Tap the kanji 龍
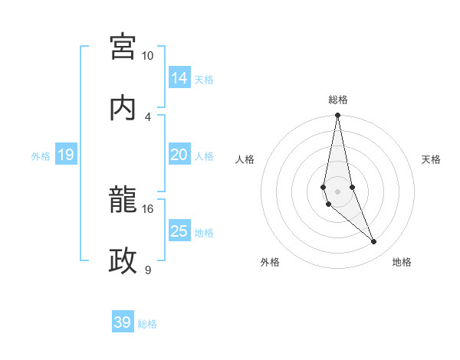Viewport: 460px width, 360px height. pyautogui.click(x=123, y=201)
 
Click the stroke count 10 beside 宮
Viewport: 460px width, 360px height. pyautogui.click(x=148, y=56)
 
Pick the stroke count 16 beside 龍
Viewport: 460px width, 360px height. pyautogui.click(x=148, y=208)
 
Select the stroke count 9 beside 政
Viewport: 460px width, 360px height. pyautogui.click(x=148, y=270)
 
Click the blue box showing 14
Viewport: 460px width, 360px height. pyautogui.click(x=179, y=77)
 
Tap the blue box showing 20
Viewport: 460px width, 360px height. pyautogui.click(x=179, y=155)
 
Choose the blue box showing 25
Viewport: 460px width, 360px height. pyautogui.click(x=179, y=231)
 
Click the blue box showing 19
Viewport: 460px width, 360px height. pyautogui.click(x=65, y=155)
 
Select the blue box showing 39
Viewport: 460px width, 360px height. pyautogui.click(x=123, y=322)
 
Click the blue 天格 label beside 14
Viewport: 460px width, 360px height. pyautogui.click(x=204, y=79)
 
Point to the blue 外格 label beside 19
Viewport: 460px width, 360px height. pyautogui.click(x=41, y=156)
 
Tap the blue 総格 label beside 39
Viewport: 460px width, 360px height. pyautogui.click(x=147, y=324)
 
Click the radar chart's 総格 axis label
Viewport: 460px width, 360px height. pyautogui.click(x=338, y=100)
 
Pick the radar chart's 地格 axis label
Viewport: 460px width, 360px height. pyautogui.click(x=402, y=262)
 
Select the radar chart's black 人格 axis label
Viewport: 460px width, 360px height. pyautogui.click(x=245, y=159)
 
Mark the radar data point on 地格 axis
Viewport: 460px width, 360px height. pyautogui.click(x=374, y=242)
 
